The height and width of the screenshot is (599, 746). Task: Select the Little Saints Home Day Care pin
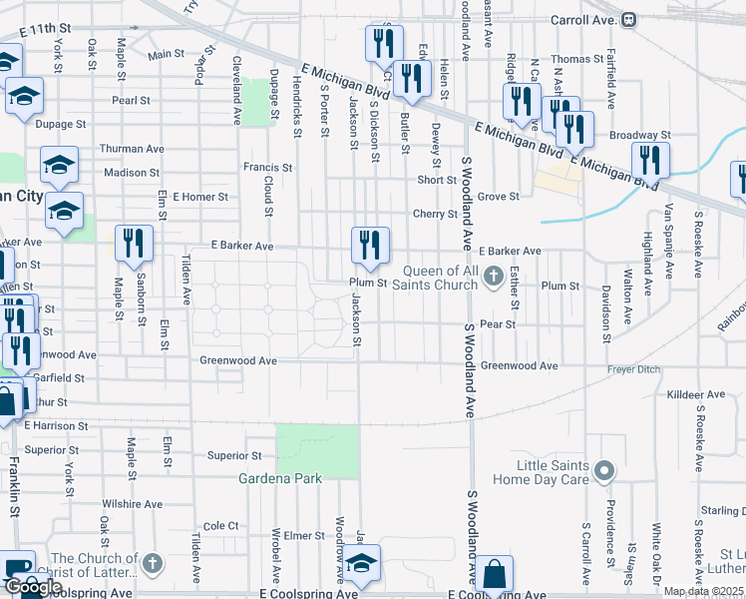602,469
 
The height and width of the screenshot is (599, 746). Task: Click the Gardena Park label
279,479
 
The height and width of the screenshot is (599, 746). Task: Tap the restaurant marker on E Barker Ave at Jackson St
370,245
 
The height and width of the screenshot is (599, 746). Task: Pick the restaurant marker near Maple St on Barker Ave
134,245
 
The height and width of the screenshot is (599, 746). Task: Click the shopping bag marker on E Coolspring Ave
494,576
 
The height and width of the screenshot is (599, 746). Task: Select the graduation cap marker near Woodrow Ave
363,564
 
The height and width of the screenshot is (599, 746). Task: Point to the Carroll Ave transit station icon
629,19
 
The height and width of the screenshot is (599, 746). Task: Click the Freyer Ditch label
634,370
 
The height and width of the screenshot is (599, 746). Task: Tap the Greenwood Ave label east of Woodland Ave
519,366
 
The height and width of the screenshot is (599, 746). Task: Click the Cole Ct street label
220,525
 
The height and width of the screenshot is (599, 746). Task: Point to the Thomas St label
577,60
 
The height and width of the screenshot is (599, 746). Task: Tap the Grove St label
499,197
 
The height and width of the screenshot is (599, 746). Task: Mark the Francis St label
268,169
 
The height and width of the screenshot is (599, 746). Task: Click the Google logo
32,587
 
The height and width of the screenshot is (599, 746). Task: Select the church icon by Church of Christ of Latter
151,564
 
